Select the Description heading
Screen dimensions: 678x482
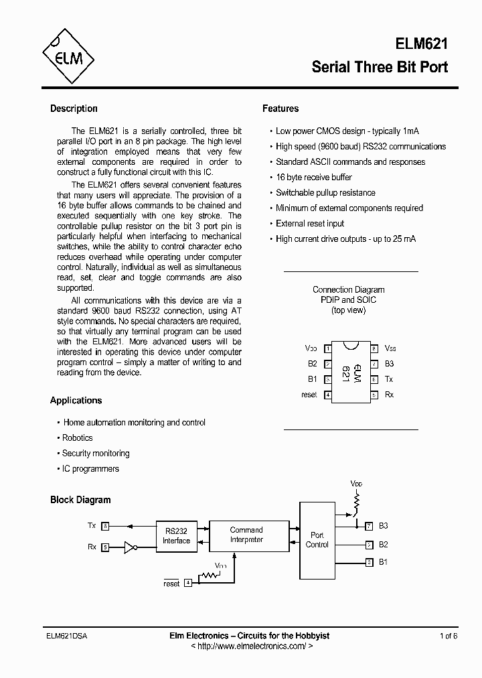coord(74,109)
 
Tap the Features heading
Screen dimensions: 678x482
coord(280,109)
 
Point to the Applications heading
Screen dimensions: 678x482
coord(76,401)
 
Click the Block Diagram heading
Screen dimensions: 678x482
coord(80,500)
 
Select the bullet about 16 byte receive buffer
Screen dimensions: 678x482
coord(313,178)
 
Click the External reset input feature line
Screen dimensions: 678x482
coord(310,224)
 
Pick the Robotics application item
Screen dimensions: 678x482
coord(77,438)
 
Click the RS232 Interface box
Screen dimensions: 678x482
coord(177,536)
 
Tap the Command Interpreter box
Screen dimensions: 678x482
coord(246,535)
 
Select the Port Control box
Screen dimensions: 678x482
coord(317,540)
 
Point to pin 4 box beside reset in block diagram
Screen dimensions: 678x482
coord(188,583)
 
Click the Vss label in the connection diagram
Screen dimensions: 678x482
coord(390,349)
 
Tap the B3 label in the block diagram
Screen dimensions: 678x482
coord(383,527)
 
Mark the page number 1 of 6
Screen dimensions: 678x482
coord(449,636)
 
